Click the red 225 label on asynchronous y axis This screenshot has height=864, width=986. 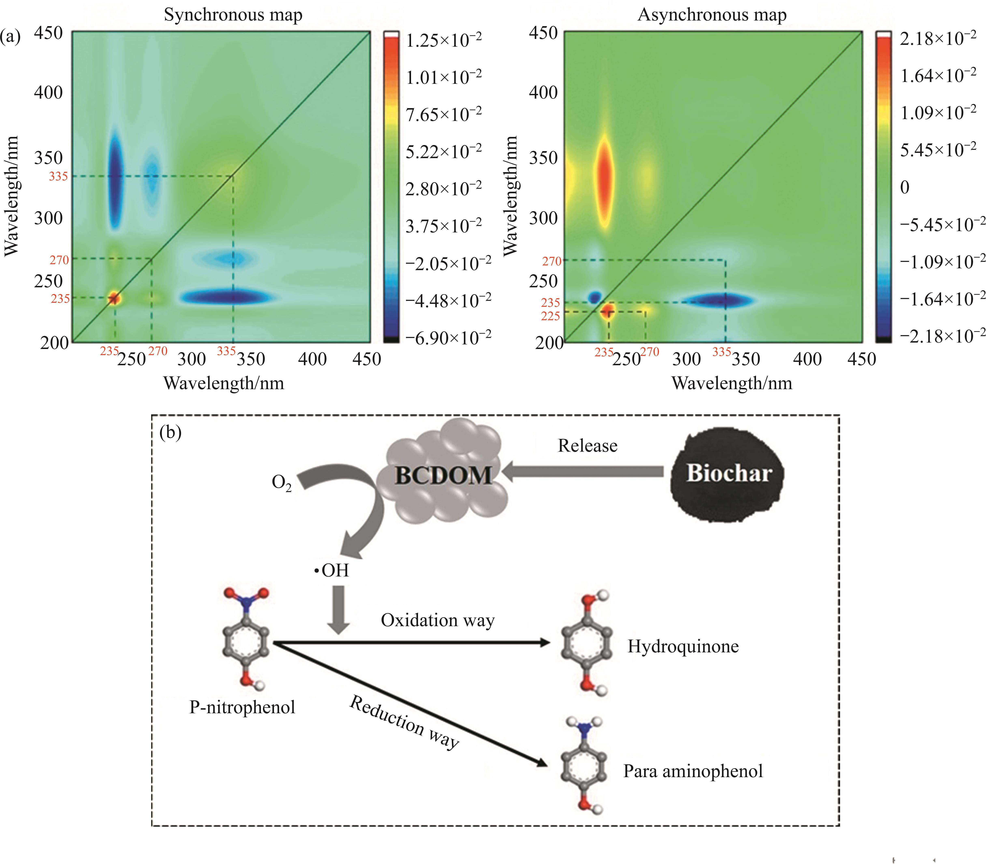tap(550, 316)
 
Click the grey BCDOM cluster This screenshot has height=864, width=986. tap(443, 475)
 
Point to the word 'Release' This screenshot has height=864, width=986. tap(587, 446)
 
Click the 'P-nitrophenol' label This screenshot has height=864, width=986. tap(242, 707)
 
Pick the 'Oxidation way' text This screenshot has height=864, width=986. tap(437, 621)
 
